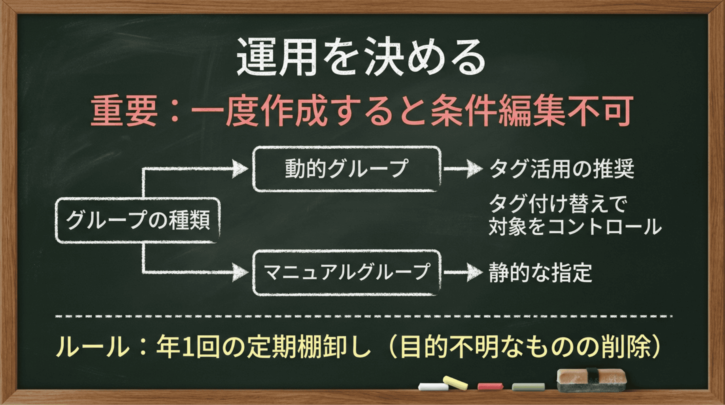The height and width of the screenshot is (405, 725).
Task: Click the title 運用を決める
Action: click(361, 57)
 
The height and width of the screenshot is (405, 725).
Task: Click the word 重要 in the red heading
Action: click(124, 112)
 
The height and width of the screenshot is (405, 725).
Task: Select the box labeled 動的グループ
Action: click(346, 169)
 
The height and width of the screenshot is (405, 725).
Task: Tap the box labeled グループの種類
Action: click(138, 220)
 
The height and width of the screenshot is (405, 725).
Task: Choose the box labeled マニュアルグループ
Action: click(346, 273)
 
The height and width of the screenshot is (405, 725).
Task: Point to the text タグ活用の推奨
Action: click(561, 169)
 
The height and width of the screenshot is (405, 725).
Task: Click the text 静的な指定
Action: click(540, 273)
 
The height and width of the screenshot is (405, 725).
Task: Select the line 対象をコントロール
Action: click(575, 227)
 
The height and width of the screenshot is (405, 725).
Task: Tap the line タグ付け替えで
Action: click(558, 204)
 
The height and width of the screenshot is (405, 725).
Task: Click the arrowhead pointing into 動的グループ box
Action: click(240, 169)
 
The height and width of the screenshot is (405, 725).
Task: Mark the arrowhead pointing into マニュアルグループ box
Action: click(240, 273)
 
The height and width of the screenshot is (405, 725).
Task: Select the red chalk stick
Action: click(490, 386)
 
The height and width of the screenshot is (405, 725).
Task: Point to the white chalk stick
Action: click(433, 386)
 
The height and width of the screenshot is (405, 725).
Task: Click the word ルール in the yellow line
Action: click(92, 347)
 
